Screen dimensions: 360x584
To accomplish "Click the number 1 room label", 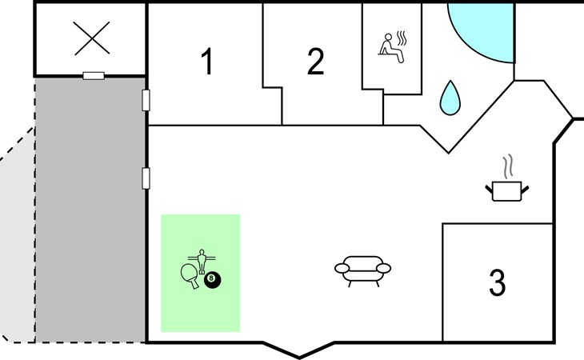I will [207, 62].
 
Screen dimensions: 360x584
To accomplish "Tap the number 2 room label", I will [316, 62].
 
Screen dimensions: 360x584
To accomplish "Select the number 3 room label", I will [497, 282].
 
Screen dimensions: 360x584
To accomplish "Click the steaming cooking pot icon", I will [506, 190].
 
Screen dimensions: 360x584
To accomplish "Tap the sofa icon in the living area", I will [362, 270].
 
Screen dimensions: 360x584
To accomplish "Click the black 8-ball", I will [213, 280].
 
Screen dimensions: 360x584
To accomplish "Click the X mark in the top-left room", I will [90, 38].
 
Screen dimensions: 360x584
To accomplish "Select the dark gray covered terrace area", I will [90, 208].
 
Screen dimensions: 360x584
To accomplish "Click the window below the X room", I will [94, 76].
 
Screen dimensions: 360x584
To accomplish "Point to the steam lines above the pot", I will [506, 167].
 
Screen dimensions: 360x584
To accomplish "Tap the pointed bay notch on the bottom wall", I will [300, 352].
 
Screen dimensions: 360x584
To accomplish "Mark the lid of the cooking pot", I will [506, 184].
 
